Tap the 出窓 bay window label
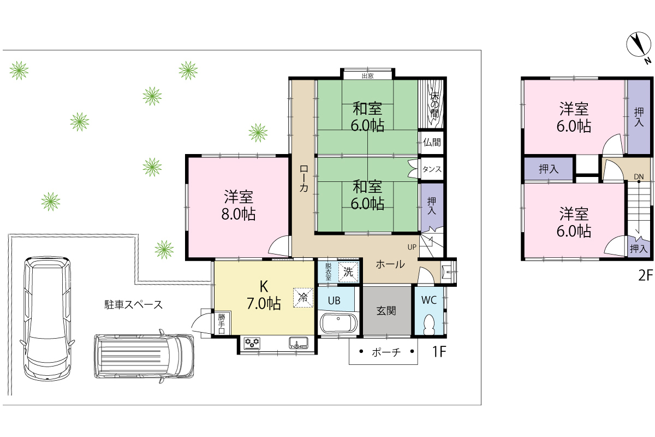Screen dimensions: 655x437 pos(367,76)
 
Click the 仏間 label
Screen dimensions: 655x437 pos(432,142)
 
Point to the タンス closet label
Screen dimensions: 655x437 pos(432,169)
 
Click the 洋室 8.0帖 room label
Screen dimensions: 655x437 pos(239,205)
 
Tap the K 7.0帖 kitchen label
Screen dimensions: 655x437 pos(264,295)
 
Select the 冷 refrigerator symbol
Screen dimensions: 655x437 pos(303,298)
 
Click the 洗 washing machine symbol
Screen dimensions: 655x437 pos(348,272)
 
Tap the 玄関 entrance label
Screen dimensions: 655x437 pos(386,311)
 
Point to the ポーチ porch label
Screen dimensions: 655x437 pos(386,352)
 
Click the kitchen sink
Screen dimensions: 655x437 pos(298,342)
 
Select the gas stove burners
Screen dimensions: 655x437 pos(252,343)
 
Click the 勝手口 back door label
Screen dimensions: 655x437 pos(222,324)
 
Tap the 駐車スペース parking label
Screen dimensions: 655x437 pos(133,305)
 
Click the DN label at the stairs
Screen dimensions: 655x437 pos(639,177)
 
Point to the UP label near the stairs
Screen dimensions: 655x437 pos(412,247)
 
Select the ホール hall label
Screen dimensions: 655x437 pos(390,264)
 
